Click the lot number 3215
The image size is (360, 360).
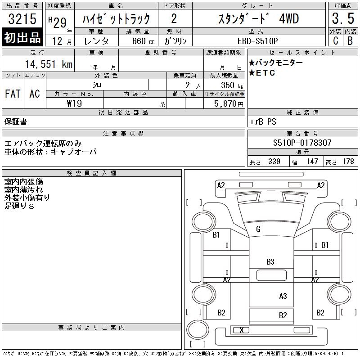[22, 18]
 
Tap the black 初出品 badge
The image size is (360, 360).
[22, 37]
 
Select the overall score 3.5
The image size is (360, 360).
[343, 18]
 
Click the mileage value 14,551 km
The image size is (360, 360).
[49, 64]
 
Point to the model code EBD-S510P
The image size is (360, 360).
[257, 41]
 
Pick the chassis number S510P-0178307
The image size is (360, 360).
[302, 143]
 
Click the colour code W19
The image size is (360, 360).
[74, 103]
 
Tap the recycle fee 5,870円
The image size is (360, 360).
[229, 104]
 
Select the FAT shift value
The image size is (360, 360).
[13, 94]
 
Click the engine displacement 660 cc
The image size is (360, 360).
[143, 41]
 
